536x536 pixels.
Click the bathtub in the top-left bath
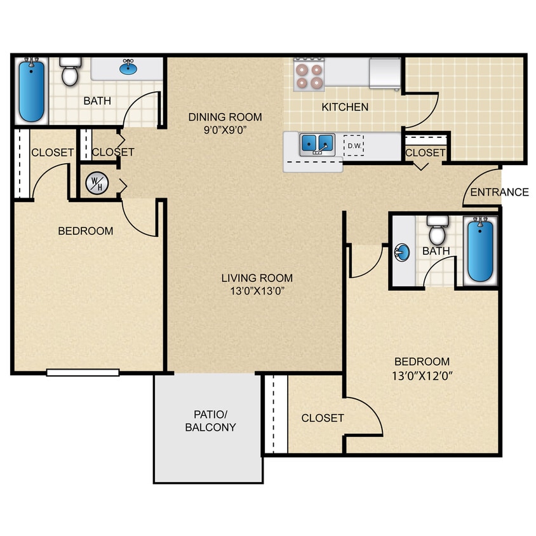[31, 90]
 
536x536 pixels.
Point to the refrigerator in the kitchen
[385, 74]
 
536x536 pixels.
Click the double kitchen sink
[318, 144]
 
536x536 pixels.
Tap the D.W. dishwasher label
[354, 146]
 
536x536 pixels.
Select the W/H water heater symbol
[97, 184]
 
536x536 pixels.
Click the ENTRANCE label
[500, 192]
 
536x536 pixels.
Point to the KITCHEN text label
[345, 107]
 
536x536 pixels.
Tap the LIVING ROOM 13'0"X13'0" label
[257, 284]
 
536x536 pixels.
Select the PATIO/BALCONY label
[210, 420]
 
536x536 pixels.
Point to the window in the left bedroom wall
[83, 373]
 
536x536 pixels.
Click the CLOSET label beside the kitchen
[425, 152]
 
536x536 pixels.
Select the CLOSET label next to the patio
[323, 418]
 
